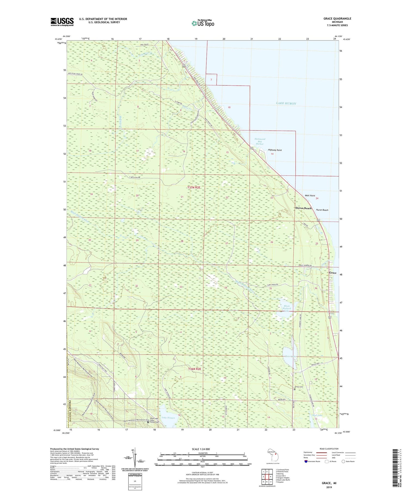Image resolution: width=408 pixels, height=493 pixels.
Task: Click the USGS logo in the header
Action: pos(62,22)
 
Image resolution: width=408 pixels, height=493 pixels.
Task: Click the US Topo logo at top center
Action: pos(203,23)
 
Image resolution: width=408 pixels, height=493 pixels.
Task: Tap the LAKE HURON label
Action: pos(286,103)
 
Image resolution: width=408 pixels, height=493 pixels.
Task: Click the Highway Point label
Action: pos(275,150)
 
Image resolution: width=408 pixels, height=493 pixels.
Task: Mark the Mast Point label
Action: pos(310,196)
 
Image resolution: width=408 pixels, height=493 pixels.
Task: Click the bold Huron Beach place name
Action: pos(303,208)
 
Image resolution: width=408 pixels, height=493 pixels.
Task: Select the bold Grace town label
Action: pos(332,273)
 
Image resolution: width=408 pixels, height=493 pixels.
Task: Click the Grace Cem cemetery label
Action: pos(299,387)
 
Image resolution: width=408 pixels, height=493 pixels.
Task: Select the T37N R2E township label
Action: pos(194,188)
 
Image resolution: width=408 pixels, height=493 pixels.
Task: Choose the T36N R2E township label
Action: pos(194,369)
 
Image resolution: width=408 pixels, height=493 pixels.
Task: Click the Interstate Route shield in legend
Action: pos(306,461)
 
